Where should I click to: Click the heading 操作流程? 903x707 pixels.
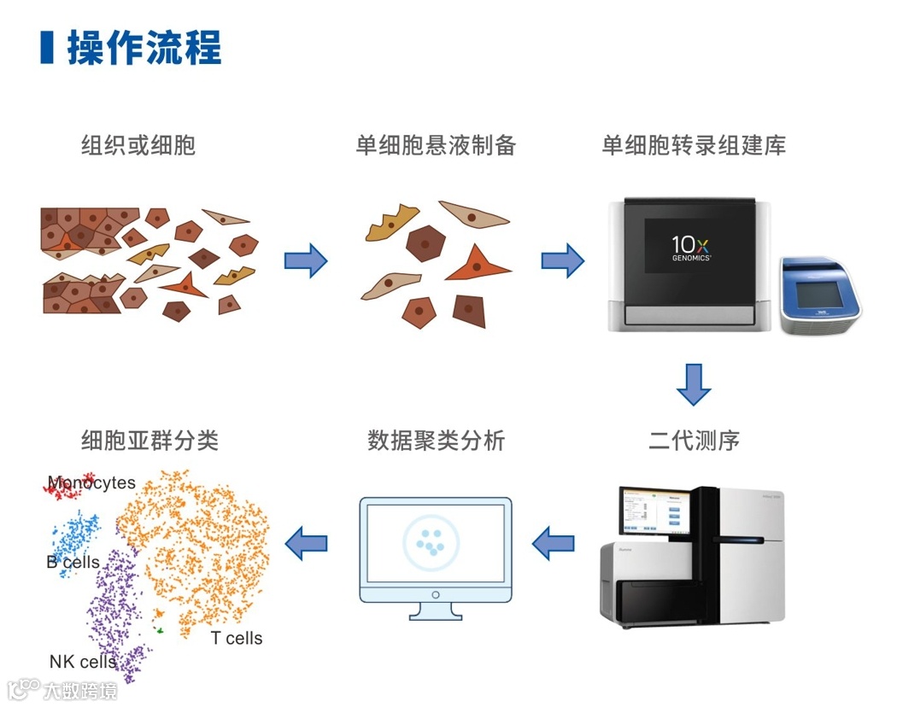(144, 48)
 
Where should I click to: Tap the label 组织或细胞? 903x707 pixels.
(138, 145)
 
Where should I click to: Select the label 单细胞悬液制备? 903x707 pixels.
(436, 145)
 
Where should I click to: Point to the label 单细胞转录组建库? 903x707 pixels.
(694, 145)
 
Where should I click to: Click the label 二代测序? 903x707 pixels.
(694, 441)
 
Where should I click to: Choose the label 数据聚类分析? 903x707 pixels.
(436, 441)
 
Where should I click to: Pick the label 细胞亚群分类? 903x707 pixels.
(150, 441)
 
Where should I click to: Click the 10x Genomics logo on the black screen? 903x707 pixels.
(691, 246)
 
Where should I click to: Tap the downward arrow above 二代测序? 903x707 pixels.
(693, 384)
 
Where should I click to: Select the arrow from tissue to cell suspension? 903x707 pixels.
(305, 260)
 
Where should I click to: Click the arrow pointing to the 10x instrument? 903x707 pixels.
(562, 260)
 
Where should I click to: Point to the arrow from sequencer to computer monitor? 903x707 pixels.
(554, 542)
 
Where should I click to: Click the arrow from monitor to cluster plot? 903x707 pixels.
(306, 542)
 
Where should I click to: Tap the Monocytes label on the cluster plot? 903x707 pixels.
(91, 483)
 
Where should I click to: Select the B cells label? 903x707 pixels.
(73, 563)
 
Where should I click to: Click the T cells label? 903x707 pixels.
(237, 639)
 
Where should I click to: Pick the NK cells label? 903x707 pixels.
(83, 662)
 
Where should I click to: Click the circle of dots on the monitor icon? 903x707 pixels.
(431, 541)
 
